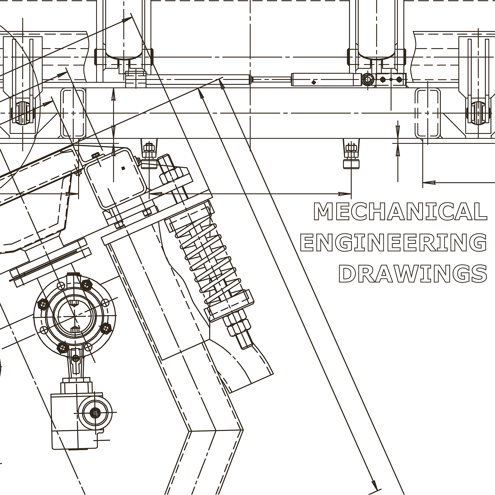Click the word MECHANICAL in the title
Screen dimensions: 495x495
point(400,211)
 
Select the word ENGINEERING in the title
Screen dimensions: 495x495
point(393,243)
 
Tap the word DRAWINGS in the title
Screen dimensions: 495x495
point(413,274)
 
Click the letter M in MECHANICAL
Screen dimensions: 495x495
point(323,211)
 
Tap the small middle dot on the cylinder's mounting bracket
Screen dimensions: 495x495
point(391,80)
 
